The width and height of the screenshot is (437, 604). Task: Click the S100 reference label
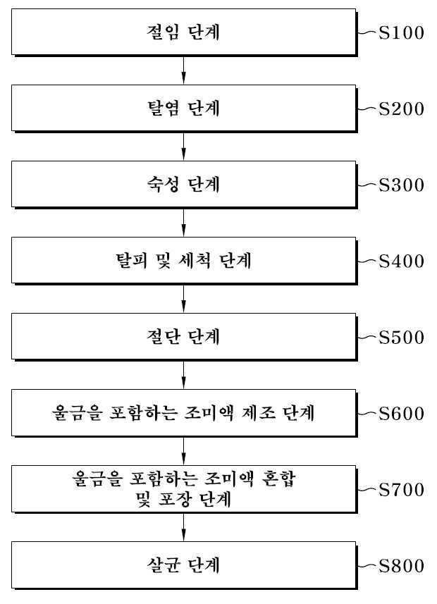401,32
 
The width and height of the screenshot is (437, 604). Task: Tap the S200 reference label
401,109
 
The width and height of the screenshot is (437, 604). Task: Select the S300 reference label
401,185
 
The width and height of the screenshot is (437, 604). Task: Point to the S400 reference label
401,261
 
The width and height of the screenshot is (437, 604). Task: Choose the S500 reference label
401,338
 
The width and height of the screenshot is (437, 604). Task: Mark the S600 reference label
401,413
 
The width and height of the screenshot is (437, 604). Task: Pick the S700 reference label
401,490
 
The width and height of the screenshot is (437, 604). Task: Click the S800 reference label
401,566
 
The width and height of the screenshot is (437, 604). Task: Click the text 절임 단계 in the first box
183,32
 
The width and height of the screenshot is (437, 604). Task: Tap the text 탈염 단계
183,109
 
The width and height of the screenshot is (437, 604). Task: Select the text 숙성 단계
183,184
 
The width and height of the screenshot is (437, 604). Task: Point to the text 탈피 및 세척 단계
183,260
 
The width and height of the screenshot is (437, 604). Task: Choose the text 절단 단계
183,337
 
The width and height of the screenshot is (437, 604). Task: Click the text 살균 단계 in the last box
183,565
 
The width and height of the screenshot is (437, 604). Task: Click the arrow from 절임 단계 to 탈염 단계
183,70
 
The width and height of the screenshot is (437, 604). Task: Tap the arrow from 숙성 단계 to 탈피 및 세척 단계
183,223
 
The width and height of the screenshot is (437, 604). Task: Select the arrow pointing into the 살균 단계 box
183,527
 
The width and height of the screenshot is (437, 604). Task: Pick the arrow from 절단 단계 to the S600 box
183,375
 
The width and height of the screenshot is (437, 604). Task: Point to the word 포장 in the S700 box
175,500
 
